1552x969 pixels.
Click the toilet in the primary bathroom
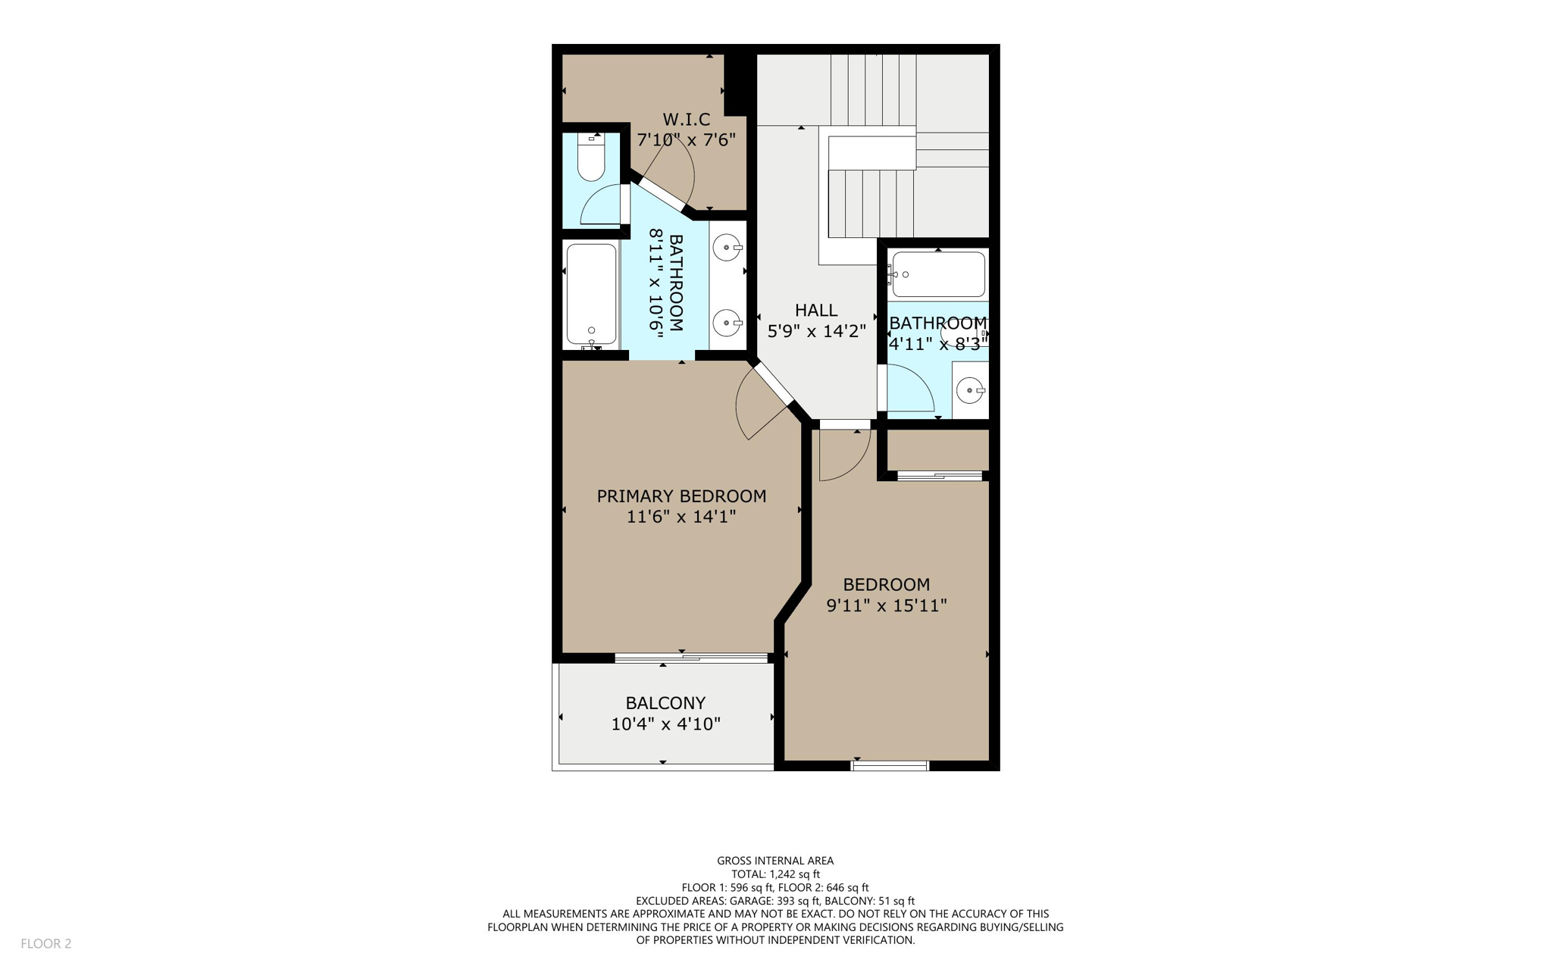tap(591, 158)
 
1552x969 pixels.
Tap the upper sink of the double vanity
tap(727, 247)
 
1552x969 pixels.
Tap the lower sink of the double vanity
tap(727, 323)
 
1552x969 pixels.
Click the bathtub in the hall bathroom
tap(939, 274)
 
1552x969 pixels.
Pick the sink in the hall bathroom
tap(970, 391)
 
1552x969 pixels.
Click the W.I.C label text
tap(687, 120)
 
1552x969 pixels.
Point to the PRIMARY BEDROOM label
tap(681, 496)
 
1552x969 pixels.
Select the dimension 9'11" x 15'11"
tap(886, 605)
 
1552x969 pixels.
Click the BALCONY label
tap(665, 703)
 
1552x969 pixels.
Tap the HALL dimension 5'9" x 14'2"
tap(816, 331)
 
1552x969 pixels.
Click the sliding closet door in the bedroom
tap(940, 476)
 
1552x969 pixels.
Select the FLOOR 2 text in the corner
tap(45, 943)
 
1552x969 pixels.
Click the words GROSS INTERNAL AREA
tap(775, 861)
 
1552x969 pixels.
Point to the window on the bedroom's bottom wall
tap(890, 766)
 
